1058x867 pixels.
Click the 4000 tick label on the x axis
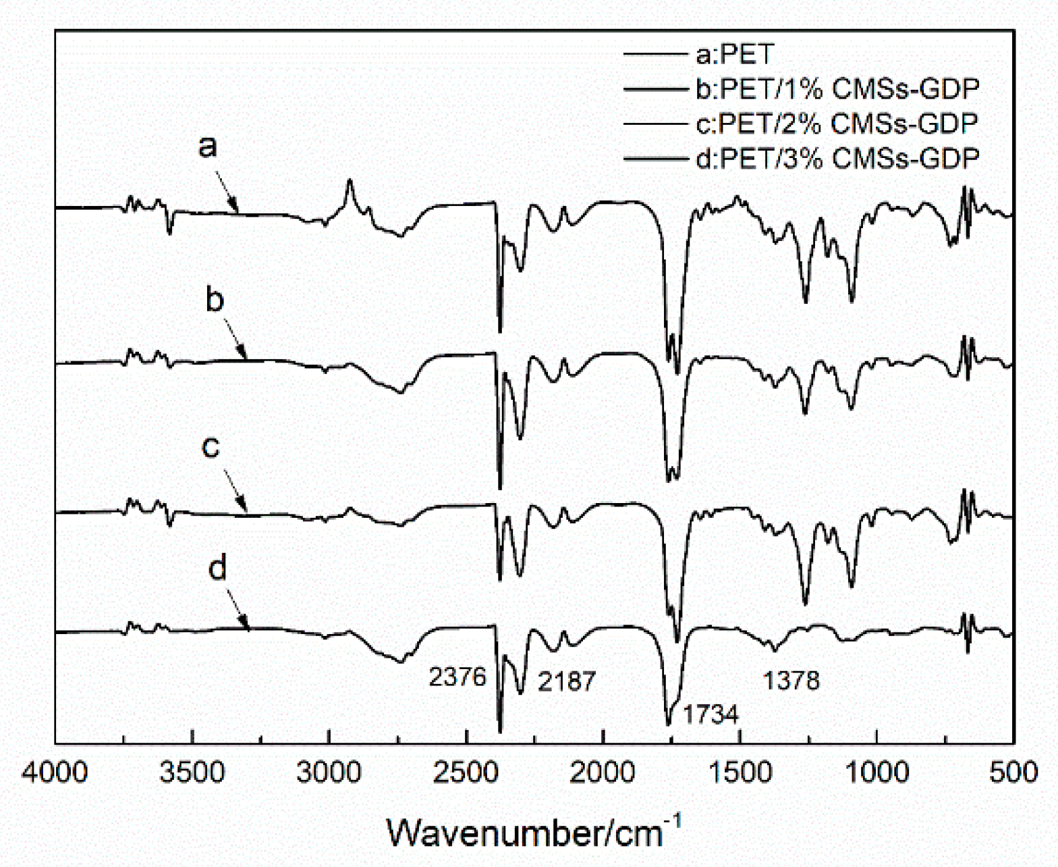click(55, 772)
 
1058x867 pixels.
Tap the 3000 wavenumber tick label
click(329, 772)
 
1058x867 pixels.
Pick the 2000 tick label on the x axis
click(603, 772)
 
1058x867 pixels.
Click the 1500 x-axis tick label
click(740, 772)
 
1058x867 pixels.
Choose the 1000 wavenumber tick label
click(876, 772)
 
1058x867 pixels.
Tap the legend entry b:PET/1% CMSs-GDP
click(837, 88)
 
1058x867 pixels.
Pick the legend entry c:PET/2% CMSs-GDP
click(837, 124)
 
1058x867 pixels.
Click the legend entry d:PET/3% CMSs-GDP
click(837, 159)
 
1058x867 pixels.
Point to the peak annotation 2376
click(457, 677)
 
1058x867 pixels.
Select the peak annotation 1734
click(711, 714)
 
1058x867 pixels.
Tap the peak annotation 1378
click(791, 681)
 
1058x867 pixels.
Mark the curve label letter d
click(217, 569)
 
